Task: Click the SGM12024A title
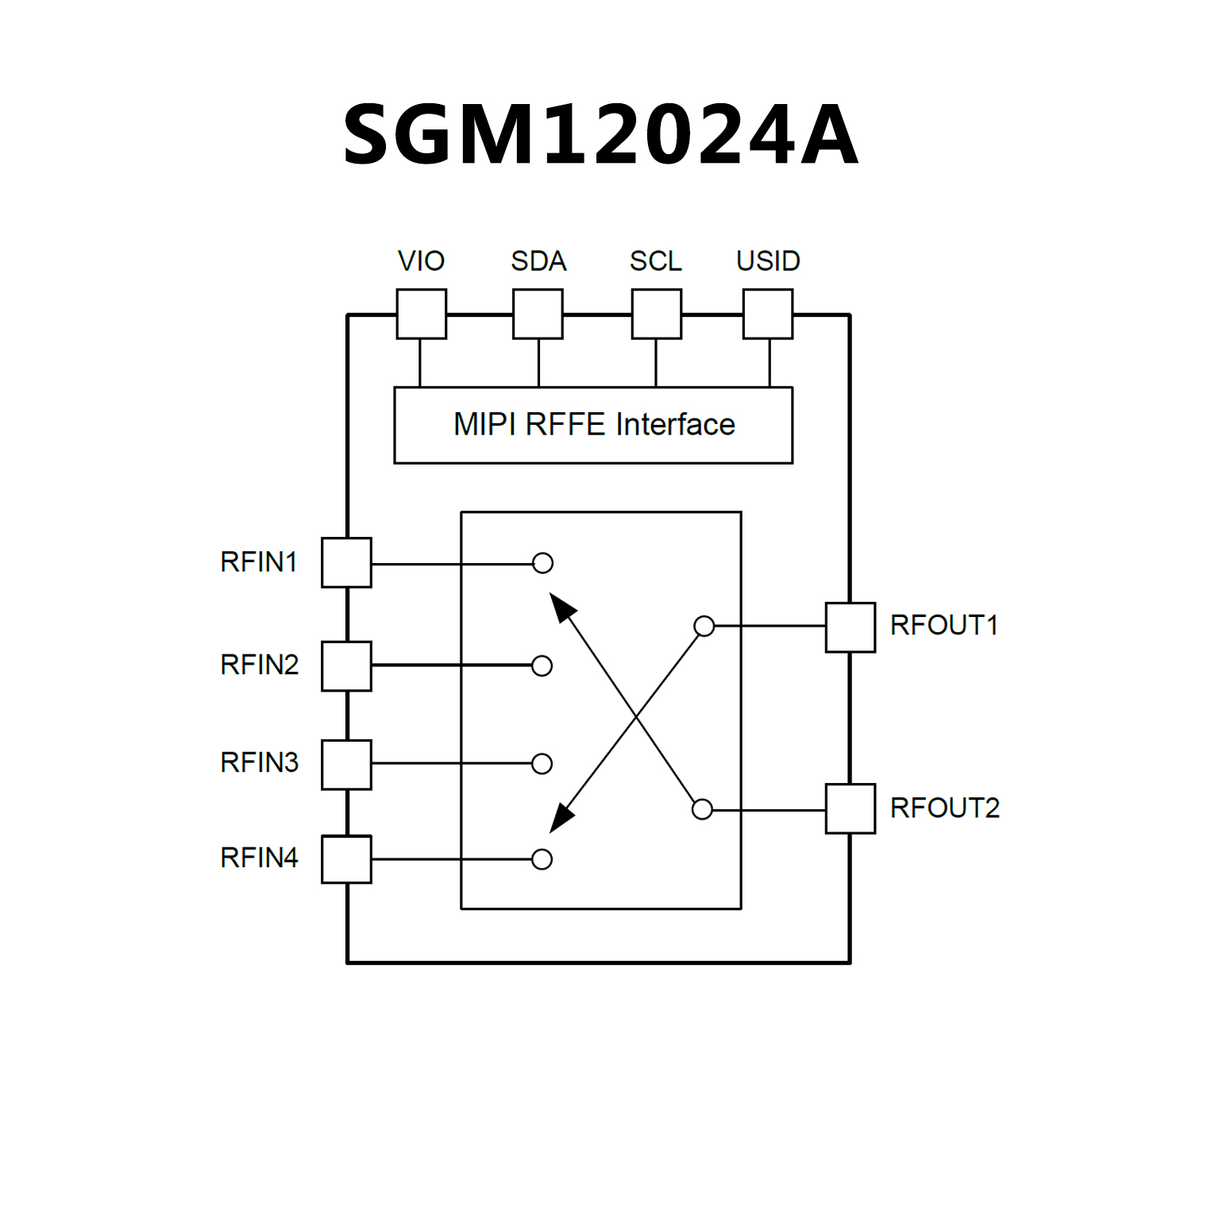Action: pyautogui.click(x=600, y=135)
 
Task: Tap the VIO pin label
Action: pyautogui.click(x=421, y=261)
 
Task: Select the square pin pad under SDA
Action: pyautogui.click(x=538, y=314)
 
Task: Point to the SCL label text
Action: pyautogui.click(x=655, y=261)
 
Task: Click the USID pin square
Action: pyautogui.click(x=767, y=314)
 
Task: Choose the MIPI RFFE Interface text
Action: pyautogui.click(x=594, y=425)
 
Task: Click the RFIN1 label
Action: pyautogui.click(x=259, y=562)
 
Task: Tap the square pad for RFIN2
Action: pyautogui.click(x=346, y=666)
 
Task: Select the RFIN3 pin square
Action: pyautogui.click(x=346, y=765)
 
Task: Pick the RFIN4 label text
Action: pyautogui.click(x=259, y=858)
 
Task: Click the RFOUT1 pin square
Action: pyautogui.click(x=851, y=627)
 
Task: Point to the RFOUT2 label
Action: pyautogui.click(x=944, y=808)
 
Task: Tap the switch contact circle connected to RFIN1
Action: pyautogui.click(x=543, y=563)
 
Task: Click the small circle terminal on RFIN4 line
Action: pyautogui.click(x=542, y=859)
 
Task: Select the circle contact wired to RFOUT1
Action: pyautogui.click(x=704, y=627)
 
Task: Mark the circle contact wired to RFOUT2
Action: pyautogui.click(x=702, y=809)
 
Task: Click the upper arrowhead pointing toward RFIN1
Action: pyautogui.click(x=561, y=608)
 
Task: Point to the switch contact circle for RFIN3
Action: pyautogui.click(x=542, y=764)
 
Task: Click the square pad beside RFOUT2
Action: pyautogui.click(x=851, y=809)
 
